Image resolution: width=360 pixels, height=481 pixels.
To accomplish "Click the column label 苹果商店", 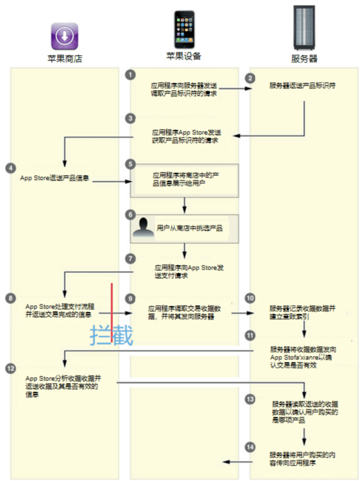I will (x=64, y=58).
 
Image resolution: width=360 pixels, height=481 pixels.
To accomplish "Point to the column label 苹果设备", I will (x=183, y=56).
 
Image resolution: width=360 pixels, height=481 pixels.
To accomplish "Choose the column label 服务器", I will (x=304, y=58).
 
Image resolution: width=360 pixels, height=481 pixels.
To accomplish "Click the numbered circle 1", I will (x=130, y=74).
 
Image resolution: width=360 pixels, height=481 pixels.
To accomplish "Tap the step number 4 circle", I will (x=10, y=167).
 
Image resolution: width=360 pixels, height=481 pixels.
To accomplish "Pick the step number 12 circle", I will (x=10, y=368).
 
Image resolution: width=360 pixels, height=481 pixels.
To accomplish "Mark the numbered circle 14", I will (x=250, y=447).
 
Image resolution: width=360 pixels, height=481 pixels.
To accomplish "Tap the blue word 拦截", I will (x=112, y=336).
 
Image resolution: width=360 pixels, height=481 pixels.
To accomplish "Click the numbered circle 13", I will (x=250, y=398).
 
